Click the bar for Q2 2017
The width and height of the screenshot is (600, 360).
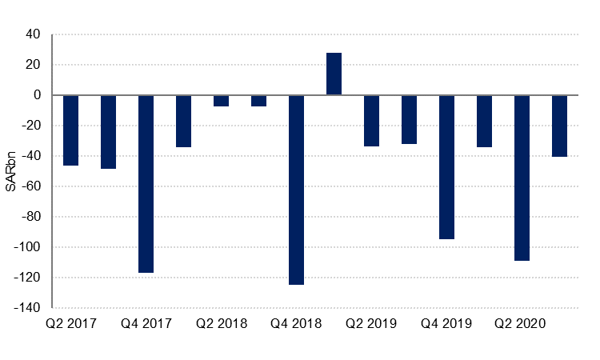[70, 130]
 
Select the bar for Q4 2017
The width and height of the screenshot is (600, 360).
[146, 183]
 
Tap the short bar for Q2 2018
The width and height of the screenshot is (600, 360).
[221, 100]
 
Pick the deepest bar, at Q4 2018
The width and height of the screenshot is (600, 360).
[296, 190]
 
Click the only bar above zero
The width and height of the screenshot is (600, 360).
[334, 74]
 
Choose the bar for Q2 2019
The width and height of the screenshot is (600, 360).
[371, 120]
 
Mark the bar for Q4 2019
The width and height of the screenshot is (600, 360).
[446, 166]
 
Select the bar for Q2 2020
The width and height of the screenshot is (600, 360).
[522, 178]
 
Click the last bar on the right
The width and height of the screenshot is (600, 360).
[559, 126]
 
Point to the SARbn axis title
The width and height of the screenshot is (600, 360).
[11, 171]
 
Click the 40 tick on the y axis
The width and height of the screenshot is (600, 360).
[33, 34]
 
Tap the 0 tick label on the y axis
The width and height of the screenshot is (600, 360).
[37, 95]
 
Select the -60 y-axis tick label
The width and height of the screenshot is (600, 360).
[30, 186]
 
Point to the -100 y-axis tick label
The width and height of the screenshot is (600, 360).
[28, 247]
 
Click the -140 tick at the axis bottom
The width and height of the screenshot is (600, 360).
[28, 308]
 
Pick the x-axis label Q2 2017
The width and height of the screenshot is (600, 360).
[70, 324]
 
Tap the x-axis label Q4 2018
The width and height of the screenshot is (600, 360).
[296, 324]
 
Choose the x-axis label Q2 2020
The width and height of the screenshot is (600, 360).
[522, 324]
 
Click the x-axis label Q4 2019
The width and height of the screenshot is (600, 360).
[446, 324]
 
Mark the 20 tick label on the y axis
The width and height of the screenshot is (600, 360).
[33, 65]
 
